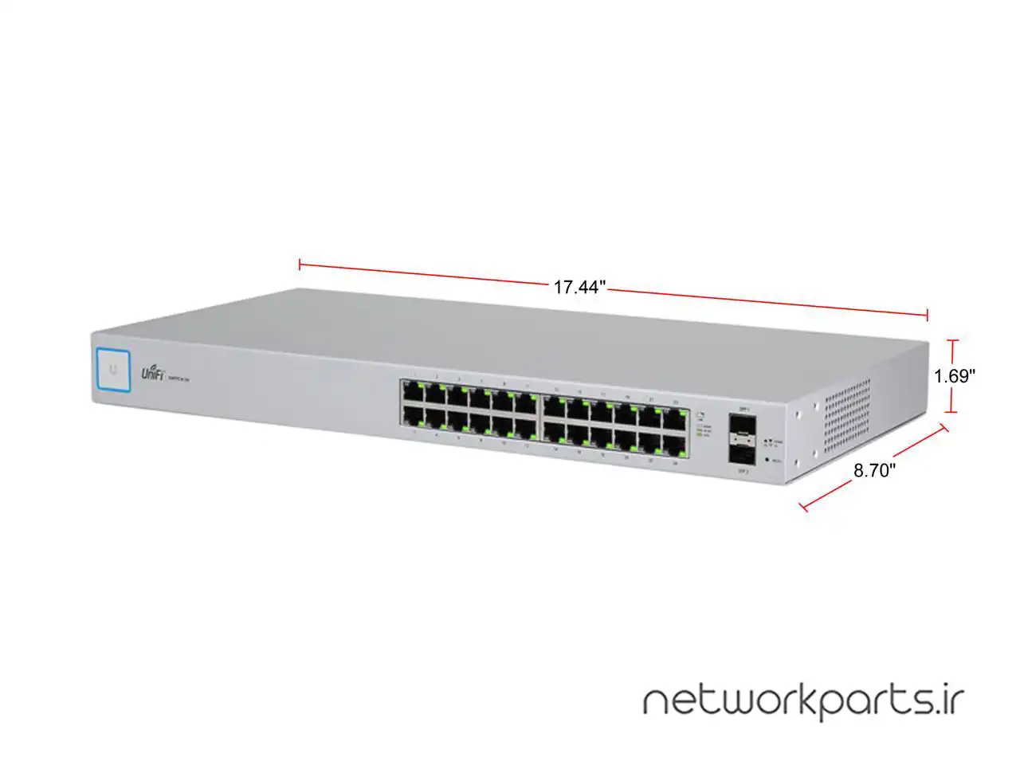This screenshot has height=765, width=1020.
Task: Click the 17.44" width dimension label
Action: click(580, 288)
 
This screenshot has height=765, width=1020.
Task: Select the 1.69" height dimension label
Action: click(955, 376)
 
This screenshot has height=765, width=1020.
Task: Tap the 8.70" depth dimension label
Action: click(874, 471)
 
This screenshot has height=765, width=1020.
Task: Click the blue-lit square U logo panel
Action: click(114, 370)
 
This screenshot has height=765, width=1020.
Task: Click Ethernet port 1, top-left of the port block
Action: click(413, 392)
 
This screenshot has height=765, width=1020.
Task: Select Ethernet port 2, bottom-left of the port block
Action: click(413, 415)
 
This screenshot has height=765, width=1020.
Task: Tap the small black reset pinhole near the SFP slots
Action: click(767, 460)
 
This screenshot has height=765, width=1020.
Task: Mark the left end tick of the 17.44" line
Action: click(300, 264)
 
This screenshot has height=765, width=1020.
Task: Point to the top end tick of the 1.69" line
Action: click(950, 340)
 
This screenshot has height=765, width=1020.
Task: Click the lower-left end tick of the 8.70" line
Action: click(806, 505)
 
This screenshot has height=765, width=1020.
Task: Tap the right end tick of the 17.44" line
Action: click(927, 315)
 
